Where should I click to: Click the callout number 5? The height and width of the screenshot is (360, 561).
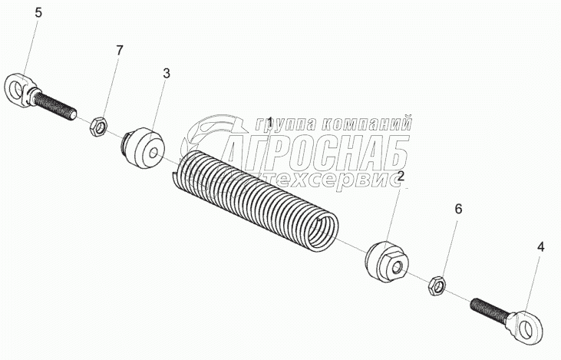(18, 12)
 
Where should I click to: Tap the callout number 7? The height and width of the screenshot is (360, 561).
(119, 50)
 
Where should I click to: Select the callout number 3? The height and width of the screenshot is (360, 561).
(167, 73)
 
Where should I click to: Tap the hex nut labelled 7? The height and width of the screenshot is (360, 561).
(98, 124)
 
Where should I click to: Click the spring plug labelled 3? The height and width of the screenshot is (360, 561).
(145, 150)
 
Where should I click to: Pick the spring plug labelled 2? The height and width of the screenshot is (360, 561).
(385, 262)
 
